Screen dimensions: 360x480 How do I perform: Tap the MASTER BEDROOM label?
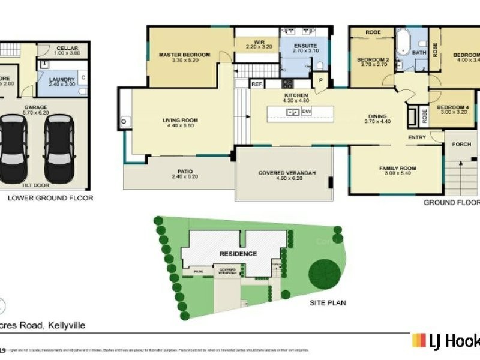pos(184,55)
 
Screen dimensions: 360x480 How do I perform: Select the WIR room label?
pos(259,41)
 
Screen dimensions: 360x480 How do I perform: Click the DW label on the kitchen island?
pos(307,112)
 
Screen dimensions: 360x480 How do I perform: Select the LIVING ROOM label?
pos(180,121)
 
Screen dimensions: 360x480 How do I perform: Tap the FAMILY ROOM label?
pos(397,168)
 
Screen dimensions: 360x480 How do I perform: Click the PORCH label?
pos(461,144)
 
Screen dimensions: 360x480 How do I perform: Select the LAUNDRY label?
pos(62,79)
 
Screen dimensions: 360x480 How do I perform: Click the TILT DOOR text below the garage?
pos(40,185)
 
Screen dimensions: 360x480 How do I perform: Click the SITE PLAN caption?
pos(328,303)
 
